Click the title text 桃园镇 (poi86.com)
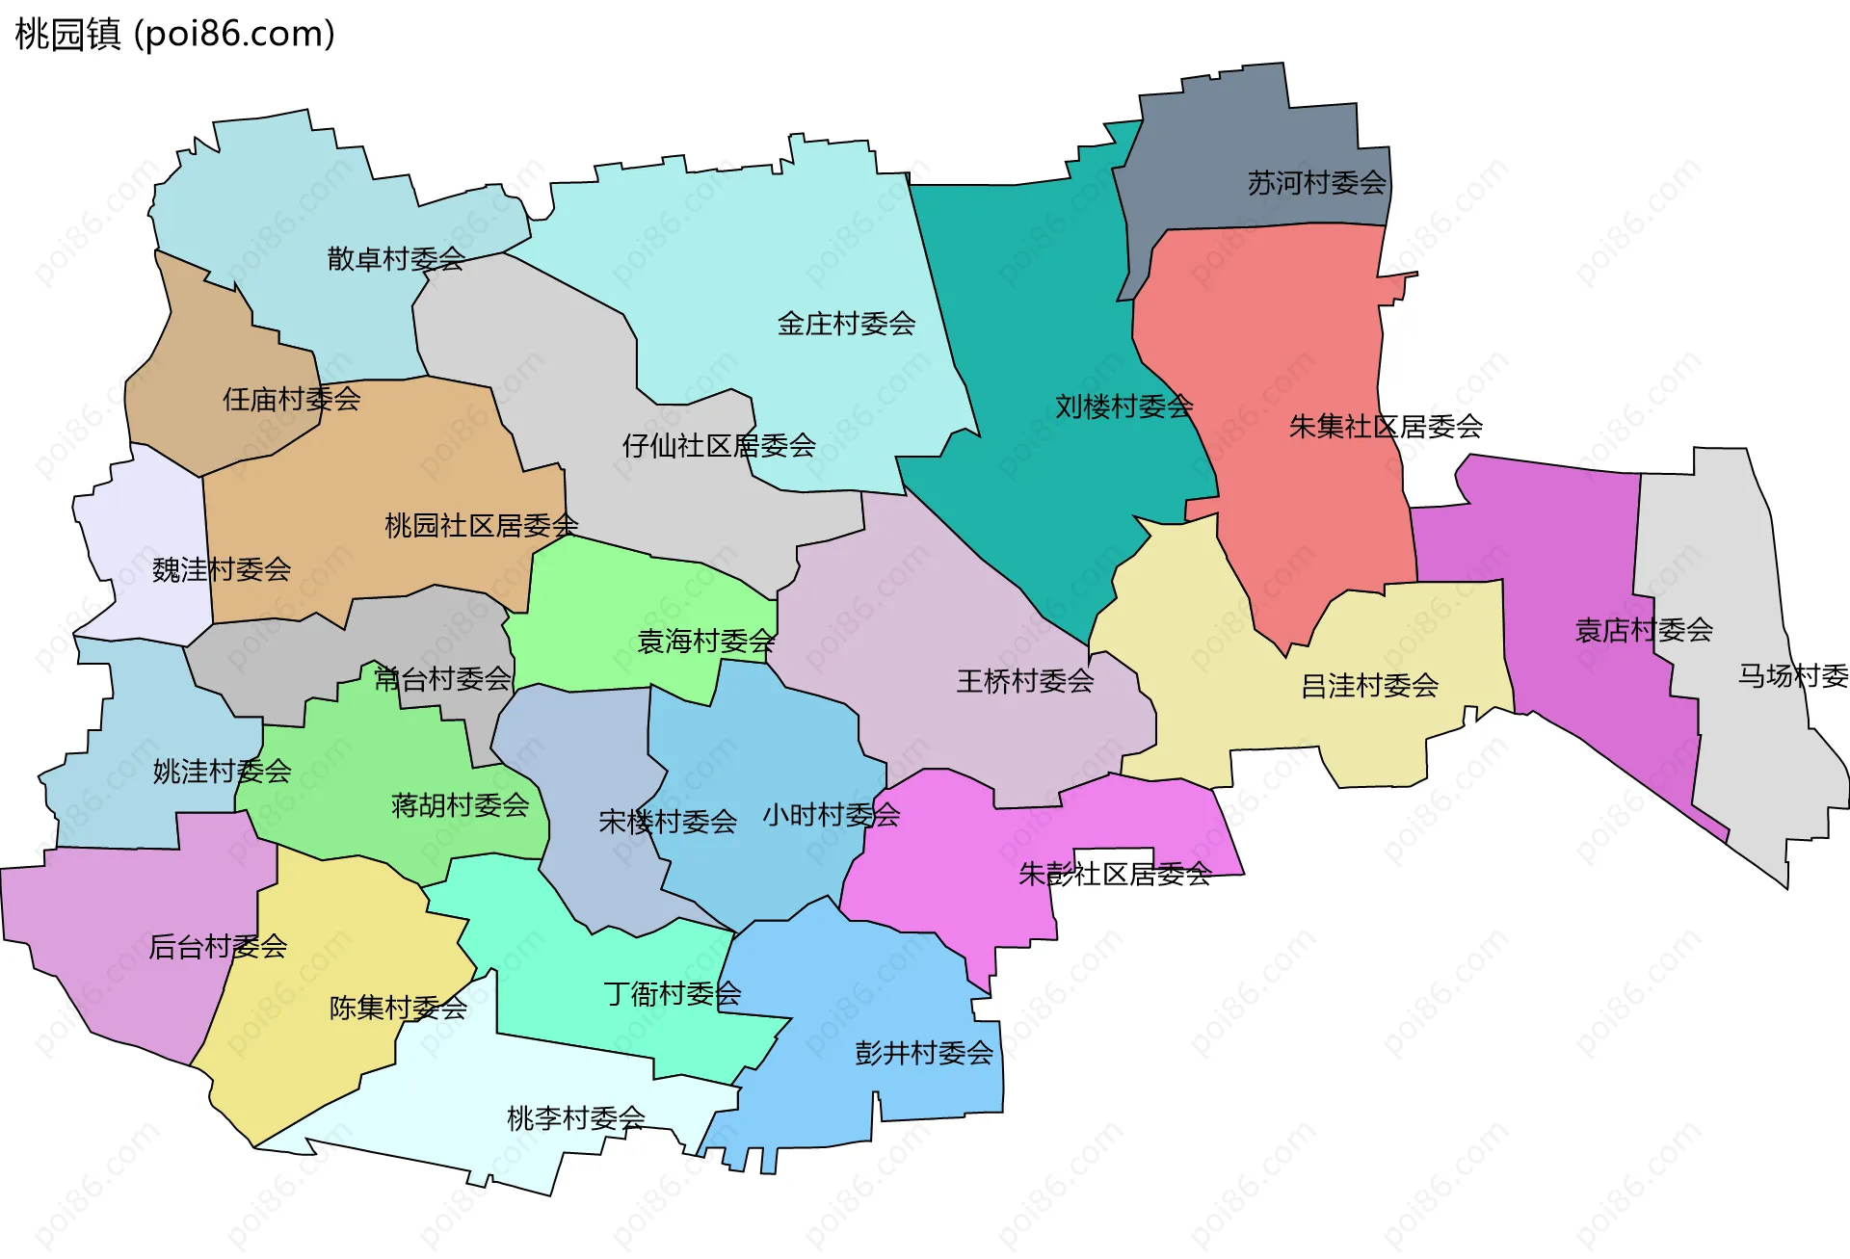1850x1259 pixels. point(175,34)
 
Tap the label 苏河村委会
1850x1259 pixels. point(1316,183)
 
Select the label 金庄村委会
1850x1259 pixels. point(846,324)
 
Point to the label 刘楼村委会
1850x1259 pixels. point(1123,407)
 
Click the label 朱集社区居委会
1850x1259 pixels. point(1386,427)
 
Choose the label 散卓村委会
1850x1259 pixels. point(396,258)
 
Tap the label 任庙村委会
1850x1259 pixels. point(291,399)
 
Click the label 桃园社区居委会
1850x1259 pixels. point(481,526)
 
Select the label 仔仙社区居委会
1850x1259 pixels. point(719,446)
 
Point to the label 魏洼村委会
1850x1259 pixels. point(222,570)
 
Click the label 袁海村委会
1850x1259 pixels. point(706,642)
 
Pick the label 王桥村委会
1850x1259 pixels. point(1025,682)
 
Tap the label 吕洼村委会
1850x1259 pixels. point(1369,687)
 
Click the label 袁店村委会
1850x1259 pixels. point(1644,631)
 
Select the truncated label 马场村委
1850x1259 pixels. point(1792,676)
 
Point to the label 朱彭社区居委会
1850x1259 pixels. point(1115,875)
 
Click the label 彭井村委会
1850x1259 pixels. point(924,1053)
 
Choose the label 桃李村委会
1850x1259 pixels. point(576,1118)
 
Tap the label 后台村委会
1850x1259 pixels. point(218,947)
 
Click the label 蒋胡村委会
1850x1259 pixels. point(460,805)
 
